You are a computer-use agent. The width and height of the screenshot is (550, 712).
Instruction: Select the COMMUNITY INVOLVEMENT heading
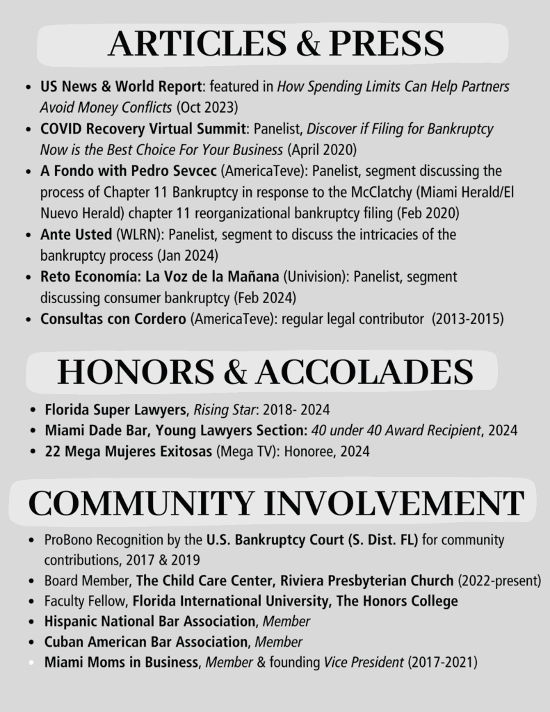276,503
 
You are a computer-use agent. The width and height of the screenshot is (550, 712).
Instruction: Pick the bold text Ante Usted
76,234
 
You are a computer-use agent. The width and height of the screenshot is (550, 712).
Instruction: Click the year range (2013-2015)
467,319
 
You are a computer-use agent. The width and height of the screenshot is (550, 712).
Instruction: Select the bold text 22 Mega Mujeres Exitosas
129,451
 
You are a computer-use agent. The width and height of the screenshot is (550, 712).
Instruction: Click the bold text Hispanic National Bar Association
149,621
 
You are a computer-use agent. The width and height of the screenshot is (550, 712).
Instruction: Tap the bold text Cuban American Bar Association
146,642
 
